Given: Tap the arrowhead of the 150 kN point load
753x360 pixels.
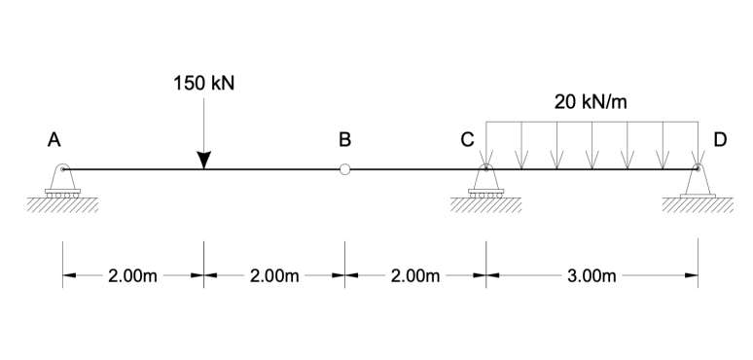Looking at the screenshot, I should tap(203, 160).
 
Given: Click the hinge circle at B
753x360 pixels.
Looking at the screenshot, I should tap(344, 169).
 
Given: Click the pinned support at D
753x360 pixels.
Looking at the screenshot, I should tap(698, 183).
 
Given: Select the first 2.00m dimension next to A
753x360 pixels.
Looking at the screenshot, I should tap(132, 275).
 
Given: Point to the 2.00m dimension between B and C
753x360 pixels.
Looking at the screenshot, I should tap(415, 275).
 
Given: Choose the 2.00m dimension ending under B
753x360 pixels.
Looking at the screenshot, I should tap(274, 275).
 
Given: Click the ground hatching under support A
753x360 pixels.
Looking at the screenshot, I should tap(62, 205).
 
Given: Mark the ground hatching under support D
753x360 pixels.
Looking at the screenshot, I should tap(698, 205).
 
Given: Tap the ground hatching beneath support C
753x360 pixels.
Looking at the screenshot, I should tap(485, 205).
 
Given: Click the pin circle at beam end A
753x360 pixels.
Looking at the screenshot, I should tap(62, 169).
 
